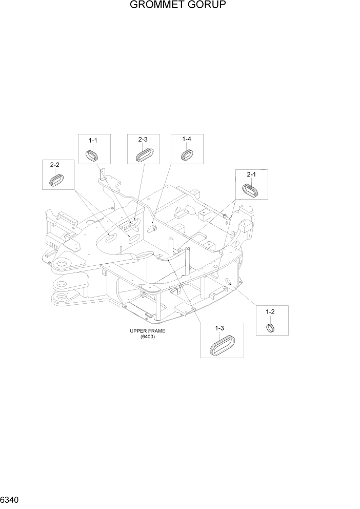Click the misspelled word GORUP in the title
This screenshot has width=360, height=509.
[x=208, y=6]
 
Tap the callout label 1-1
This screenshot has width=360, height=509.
[x=93, y=140]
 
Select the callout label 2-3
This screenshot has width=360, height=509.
[x=143, y=140]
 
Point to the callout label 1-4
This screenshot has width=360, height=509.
[x=187, y=140]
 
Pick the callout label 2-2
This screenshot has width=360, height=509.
[x=55, y=165]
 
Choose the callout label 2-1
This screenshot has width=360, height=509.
[x=251, y=175]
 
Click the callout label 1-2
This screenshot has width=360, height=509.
[x=270, y=311]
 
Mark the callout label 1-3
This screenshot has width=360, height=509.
[x=219, y=327]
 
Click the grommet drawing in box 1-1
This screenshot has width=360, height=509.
[x=93, y=154]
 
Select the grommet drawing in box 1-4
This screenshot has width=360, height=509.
[x=187, y=154]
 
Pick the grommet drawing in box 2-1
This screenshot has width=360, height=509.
[x=251, y=190]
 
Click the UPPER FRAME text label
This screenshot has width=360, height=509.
[x=147, y=331]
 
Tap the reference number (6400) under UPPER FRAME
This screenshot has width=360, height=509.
[x=147, y=337]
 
